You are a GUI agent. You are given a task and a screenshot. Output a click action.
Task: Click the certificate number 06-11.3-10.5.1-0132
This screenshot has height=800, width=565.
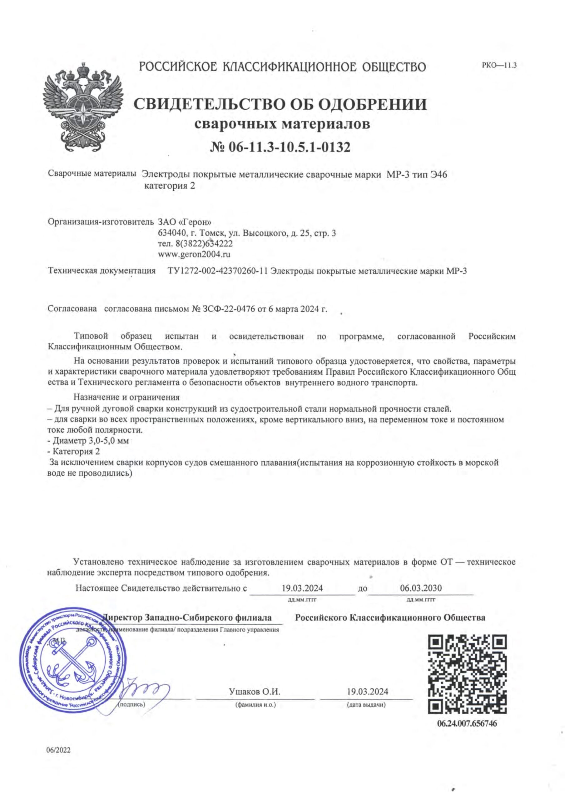280,148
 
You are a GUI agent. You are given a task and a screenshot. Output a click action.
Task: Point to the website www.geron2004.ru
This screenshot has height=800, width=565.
194,254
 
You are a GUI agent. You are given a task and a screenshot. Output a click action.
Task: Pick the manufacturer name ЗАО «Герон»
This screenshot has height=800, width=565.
185,222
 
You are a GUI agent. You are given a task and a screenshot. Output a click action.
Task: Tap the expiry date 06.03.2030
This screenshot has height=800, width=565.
421,588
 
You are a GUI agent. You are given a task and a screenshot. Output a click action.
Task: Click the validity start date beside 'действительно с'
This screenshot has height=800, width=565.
302,588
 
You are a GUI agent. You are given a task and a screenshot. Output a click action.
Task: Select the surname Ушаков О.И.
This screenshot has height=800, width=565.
254,691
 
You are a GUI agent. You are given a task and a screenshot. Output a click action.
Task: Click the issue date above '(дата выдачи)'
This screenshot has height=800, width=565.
367,691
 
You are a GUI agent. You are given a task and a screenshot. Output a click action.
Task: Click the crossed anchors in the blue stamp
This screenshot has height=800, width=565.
72,661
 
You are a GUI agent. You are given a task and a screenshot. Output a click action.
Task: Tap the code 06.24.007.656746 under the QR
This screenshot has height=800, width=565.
467,724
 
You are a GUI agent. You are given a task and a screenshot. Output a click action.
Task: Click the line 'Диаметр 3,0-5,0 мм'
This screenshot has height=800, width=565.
89,441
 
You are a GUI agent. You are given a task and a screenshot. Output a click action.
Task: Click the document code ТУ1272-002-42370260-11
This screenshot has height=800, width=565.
218,271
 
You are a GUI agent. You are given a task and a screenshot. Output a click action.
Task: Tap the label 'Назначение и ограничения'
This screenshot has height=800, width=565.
126,397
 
